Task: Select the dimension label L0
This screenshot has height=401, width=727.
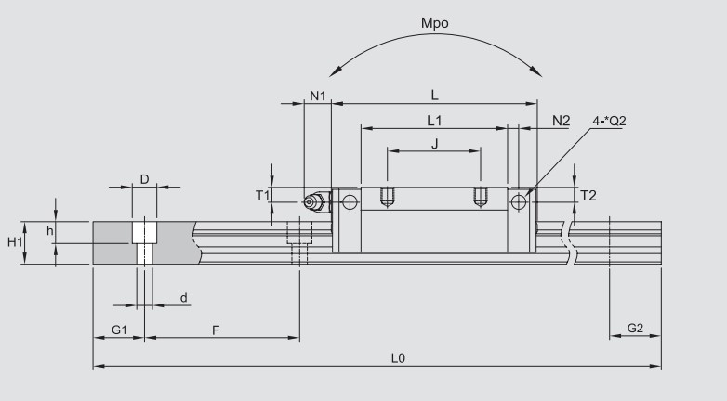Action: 399,356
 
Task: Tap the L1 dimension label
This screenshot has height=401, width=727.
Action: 434,120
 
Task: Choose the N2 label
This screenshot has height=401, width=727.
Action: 562,121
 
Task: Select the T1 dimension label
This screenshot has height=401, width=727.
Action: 261,195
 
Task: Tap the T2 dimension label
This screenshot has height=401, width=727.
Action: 588,195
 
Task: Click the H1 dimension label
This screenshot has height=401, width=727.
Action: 15,242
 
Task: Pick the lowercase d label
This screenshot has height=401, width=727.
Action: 183,298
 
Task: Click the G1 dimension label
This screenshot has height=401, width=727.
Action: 119,330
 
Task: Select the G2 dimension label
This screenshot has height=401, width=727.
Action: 635,329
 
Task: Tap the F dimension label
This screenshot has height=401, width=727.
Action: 215,330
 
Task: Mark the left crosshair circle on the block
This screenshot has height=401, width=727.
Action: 350,201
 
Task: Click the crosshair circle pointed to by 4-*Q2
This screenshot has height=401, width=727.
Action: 519,201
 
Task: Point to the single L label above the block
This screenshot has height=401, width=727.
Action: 434,94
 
